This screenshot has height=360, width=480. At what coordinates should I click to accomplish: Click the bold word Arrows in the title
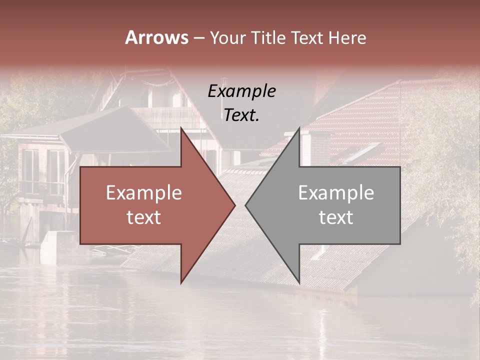coord(156,37)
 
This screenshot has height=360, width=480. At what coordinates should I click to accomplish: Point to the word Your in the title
coord(227,37)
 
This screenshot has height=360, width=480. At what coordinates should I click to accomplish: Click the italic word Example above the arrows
coord(241,91)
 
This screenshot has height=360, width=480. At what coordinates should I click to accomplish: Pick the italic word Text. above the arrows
coord(241,115)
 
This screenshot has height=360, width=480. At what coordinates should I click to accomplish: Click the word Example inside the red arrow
coord(143,193)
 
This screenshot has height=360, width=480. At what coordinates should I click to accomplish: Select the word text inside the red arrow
coord(143,217)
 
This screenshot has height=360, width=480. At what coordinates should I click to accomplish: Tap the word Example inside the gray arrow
coord(336,193)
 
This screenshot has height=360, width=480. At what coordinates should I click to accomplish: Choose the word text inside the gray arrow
coord(336,217)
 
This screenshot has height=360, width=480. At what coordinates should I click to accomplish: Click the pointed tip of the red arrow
coord(234,205)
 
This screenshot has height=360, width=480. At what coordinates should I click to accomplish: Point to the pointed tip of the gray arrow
coord(246,205)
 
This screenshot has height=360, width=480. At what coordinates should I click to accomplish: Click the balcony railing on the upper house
coord(167,117)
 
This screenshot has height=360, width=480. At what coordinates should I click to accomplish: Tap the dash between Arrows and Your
coord(198,37)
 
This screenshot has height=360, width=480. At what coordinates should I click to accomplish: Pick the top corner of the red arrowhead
coord(181,127)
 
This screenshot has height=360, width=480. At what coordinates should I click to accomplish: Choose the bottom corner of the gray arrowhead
coord(299,283)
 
